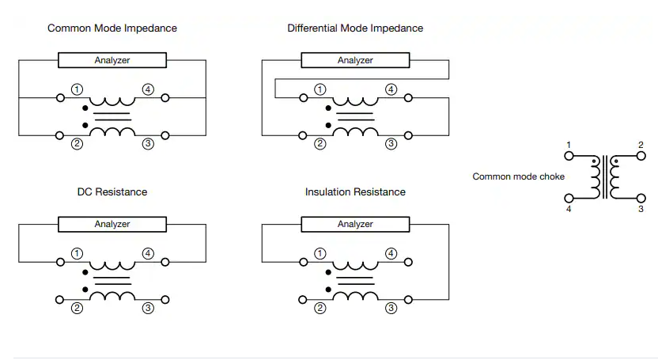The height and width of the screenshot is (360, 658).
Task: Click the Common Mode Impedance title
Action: (x=112, y=28)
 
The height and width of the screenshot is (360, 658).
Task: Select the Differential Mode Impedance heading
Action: (x=355, y=28)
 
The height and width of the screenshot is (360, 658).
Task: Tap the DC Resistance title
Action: (x=112, y=191)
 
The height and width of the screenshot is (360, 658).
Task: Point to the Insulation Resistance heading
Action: (x=355, y=191)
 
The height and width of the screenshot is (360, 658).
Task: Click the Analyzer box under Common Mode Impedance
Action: (x=112, y=60)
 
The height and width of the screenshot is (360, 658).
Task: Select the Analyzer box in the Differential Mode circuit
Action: (x=355, y=60)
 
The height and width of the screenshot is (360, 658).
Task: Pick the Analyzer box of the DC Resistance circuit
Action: (x=112, y=224)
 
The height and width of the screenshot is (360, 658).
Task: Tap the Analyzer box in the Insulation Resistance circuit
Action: (x=355, y=224)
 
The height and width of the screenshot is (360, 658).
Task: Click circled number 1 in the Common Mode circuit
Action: (x=77, y=89)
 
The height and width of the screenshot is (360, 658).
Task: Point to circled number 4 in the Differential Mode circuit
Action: (x=391, y=89)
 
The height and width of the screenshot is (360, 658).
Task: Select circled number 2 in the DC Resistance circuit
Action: (x=77, y=308)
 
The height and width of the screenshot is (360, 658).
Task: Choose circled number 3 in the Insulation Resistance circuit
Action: (x=391, y=308)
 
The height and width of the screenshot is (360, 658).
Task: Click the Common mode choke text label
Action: (x=518, y=176)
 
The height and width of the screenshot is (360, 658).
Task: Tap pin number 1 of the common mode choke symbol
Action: (x=569, y=145)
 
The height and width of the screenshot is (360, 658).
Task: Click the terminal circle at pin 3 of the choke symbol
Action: (x=641, y=198)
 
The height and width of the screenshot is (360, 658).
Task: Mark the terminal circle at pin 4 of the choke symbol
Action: (x=569, y=198)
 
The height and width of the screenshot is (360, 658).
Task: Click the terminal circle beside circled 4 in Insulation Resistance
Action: (x=408, y=262)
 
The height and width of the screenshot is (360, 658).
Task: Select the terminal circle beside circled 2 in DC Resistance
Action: (x=59, y=300)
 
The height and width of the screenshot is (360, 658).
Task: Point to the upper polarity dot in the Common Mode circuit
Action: (x=85, y=108)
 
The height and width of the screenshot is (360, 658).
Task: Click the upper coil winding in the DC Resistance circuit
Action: (x=112, y=267)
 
